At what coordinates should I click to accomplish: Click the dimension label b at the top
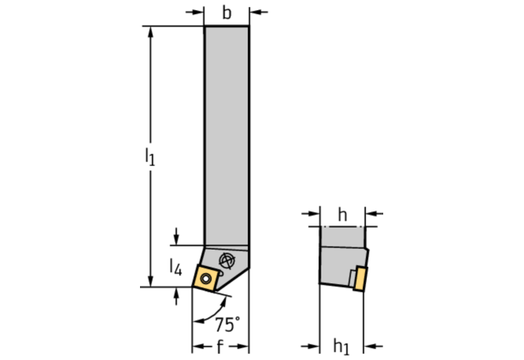pos(227,13)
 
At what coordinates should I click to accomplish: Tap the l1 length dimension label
pos(150,157)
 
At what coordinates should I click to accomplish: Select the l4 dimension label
pos(175,267)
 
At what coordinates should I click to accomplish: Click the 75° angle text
pos(228,324)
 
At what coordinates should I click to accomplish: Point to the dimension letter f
pos(220,347)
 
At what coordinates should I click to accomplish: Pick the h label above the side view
pos(343,214)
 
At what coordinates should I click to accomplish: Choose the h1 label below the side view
pos(341,346)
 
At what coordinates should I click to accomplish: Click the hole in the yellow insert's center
pos(206,278)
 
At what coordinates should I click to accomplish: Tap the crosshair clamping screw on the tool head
pos(227,261)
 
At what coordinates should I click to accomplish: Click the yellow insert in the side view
pos(361,279)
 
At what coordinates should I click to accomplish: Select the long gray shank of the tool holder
pos(227,135)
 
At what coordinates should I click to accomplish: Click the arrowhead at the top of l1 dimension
pos(150,31)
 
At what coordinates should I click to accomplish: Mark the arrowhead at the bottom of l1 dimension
pos(150,281)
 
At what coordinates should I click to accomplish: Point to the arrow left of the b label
pos(195,13)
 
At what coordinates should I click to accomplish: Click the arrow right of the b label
pos(258,13)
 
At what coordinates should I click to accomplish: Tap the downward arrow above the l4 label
pos(176,236)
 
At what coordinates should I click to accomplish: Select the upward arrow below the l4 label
pos(176,296)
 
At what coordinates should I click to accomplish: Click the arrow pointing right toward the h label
pos(310,213)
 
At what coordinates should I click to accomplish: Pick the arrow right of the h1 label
pos(373,346)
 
